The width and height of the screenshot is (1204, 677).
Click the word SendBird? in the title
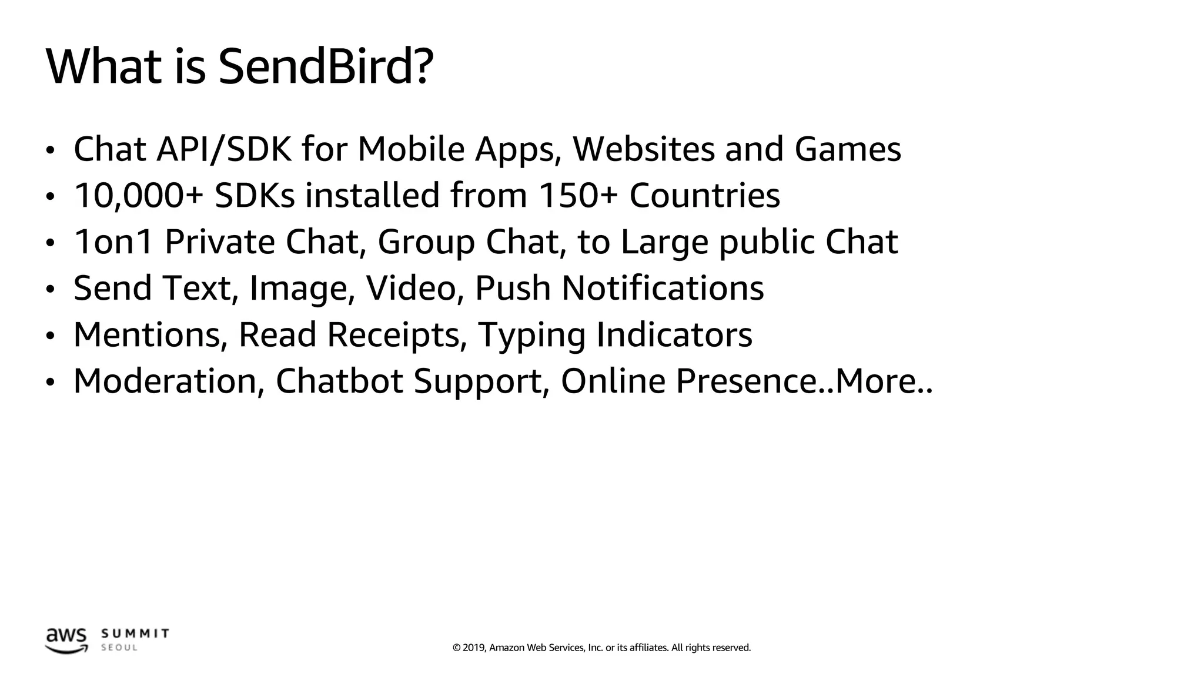click(x=326, y=66)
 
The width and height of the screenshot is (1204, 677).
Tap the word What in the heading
click(x=104, y=66)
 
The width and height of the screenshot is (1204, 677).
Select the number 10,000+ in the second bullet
click(x=138, y=195)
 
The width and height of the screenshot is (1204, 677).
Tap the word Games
click(x=848, y=149)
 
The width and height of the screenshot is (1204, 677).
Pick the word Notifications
click(x=663, y=288)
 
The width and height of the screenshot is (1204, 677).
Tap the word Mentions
click(x=150, y=335)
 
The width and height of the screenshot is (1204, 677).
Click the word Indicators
click(x=674, y=335)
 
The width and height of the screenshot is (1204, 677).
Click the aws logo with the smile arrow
click(x=66, y=641)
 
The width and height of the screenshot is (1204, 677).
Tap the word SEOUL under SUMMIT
click(x=119, y=648)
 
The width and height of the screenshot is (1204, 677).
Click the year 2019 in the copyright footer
click(x=474, y=648)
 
